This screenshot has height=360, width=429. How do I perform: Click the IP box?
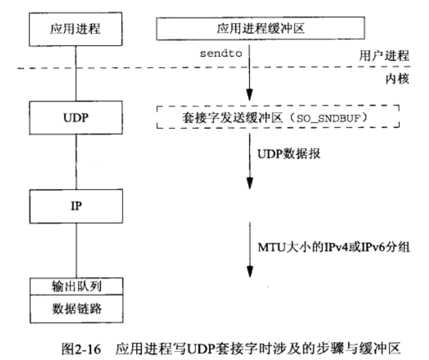[x=75, y=206]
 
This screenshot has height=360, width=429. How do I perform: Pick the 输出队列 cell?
[x=75, y=286]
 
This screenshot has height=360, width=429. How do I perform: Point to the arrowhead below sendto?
[x=250, y=95]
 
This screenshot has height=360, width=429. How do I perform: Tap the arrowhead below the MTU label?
[x=250, y=272]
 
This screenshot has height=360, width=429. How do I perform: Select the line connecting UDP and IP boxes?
[x=75, y=158]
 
